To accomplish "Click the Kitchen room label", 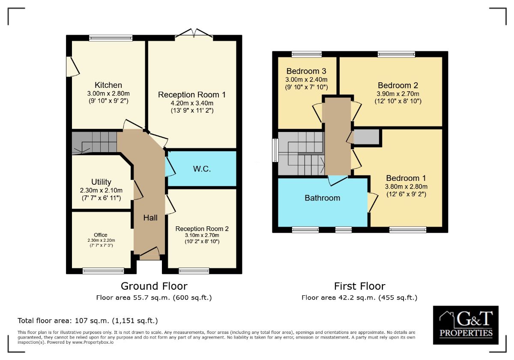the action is pos(108,85).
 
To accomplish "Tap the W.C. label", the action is pos(202,169).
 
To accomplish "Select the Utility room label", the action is pos(101,182).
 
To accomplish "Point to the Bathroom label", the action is pos(323,198).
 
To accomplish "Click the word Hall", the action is pos(150,218).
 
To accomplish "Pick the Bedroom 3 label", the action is pos(306,71).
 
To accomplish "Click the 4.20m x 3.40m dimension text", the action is pos(192,103).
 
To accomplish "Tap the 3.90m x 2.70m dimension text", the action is pos(398,94).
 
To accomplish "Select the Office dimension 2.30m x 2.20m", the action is pos(101,240).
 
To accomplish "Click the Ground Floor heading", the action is pos(154,286).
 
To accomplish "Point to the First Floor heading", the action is pos(359,286).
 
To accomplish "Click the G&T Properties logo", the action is pos(466,325).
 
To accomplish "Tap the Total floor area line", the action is pos(88,321).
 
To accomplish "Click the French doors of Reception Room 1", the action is pos(194,33).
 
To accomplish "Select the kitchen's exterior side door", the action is pos(73,66).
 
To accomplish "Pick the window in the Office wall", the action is pos(103,271).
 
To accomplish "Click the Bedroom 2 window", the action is pos(396,54).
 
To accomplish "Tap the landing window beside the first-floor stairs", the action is pos(275,150).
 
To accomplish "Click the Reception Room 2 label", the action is pos(202,229).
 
